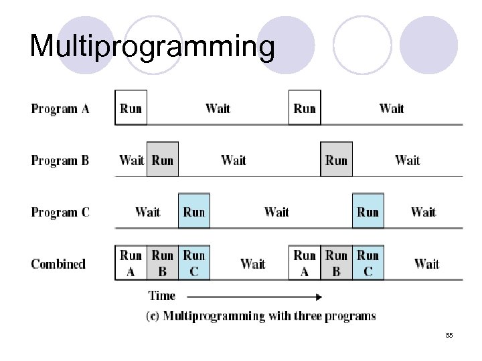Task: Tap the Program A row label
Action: [x=60, y=108]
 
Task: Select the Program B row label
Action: [x=60, y=160]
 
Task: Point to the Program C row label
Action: [x=60, y=213]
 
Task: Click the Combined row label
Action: [x=58, y=263]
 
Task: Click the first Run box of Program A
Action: [x=131, y=108]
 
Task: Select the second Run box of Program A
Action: [x=305, y=108]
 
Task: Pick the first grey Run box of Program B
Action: [x=163, y=160]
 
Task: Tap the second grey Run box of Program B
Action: [x=336, y=160]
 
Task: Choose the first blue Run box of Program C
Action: [x=194, y=212]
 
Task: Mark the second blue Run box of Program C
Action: [x=368, y=212]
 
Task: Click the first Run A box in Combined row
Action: [x=131, y=263]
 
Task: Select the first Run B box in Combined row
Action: [x=163, y=263]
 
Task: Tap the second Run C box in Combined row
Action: [x=368, y=263]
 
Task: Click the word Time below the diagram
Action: [x=161, y=296]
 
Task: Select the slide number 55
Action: [x=449, y=334]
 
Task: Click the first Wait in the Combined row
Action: [x=252, y=263]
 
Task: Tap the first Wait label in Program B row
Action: [x=131, y=160]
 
